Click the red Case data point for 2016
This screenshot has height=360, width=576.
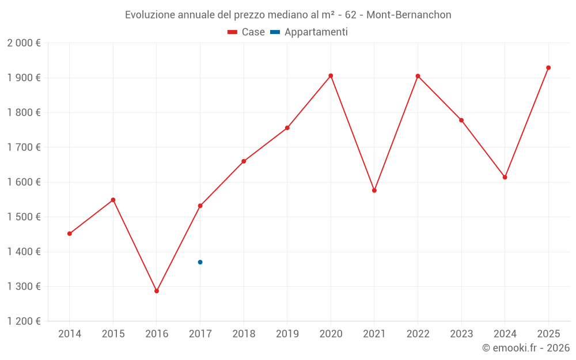tap(157, 291)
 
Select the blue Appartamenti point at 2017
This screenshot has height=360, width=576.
tap(200, 262)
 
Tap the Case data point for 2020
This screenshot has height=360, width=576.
tap(331, 75)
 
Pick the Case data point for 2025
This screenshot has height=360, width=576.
tap(548, 68)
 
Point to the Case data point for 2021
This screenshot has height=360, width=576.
tap(374, 190)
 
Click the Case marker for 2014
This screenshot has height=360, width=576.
tap(70, 234)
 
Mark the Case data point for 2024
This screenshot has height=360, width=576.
tap(505, 177)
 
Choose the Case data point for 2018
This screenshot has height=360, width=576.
tap(244, 161)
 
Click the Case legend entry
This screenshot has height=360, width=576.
tap(246, 32)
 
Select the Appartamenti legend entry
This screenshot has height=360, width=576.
tap(309, 32)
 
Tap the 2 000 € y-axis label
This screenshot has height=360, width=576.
tap(24, 43)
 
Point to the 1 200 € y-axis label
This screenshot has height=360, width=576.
tap(24, 321)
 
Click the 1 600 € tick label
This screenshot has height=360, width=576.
tap(24, 182)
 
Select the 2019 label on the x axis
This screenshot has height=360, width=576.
tap(287, 334)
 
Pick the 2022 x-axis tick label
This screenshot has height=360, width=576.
tap(418, 334)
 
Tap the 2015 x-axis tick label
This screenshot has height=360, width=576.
tap(113, 334)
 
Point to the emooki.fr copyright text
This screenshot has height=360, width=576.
tap(525, 348)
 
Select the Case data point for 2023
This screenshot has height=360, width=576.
tap(461, 120)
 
